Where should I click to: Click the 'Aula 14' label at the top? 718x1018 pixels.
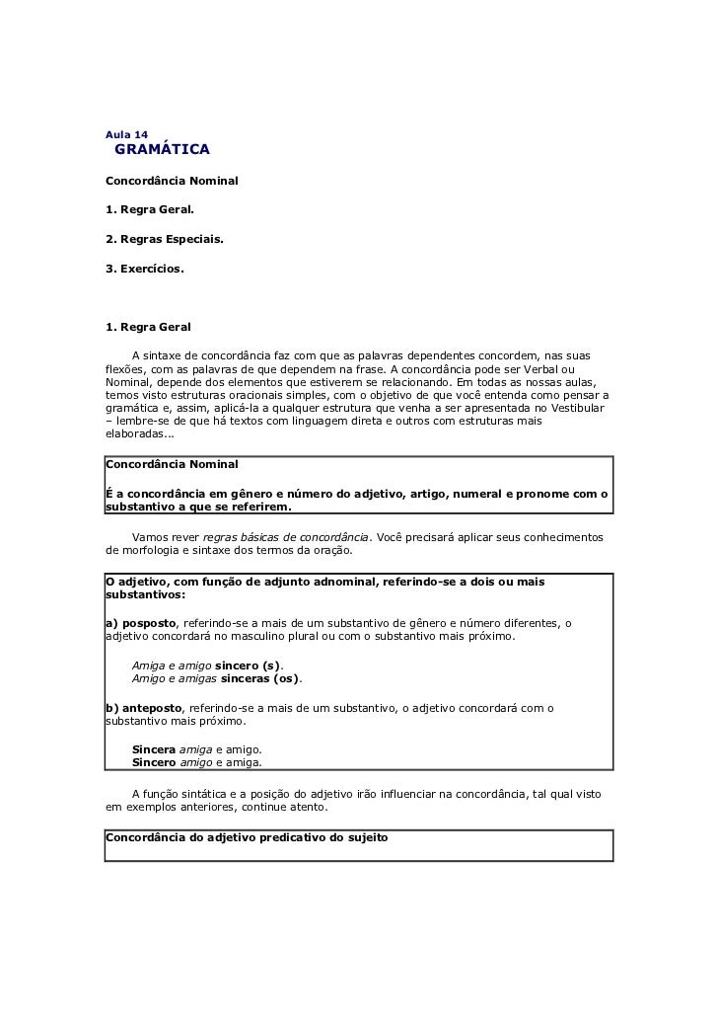(126, 133)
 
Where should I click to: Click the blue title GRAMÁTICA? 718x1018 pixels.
(162, 150)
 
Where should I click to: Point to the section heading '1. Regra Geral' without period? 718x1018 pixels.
(148, 327)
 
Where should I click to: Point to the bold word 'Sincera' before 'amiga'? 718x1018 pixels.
(154, 749)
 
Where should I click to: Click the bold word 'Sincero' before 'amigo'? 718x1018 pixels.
(154, 763)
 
